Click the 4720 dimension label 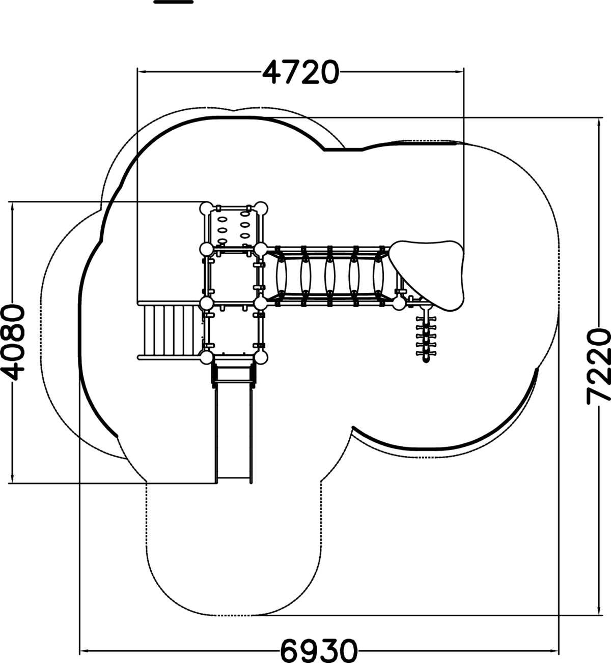click(300, 72)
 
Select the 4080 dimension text click(12, 342)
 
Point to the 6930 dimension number click(319, 650)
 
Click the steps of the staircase click(168, 331)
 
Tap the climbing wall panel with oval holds click(234, 228)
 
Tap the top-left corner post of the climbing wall click(207, 208)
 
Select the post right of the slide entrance click(261, 357)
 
